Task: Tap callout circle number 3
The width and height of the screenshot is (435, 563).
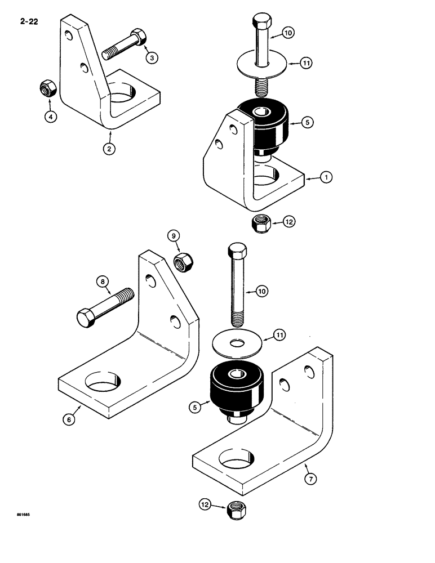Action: coord(150,57)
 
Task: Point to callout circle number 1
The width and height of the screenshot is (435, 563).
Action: coord(325,178)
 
